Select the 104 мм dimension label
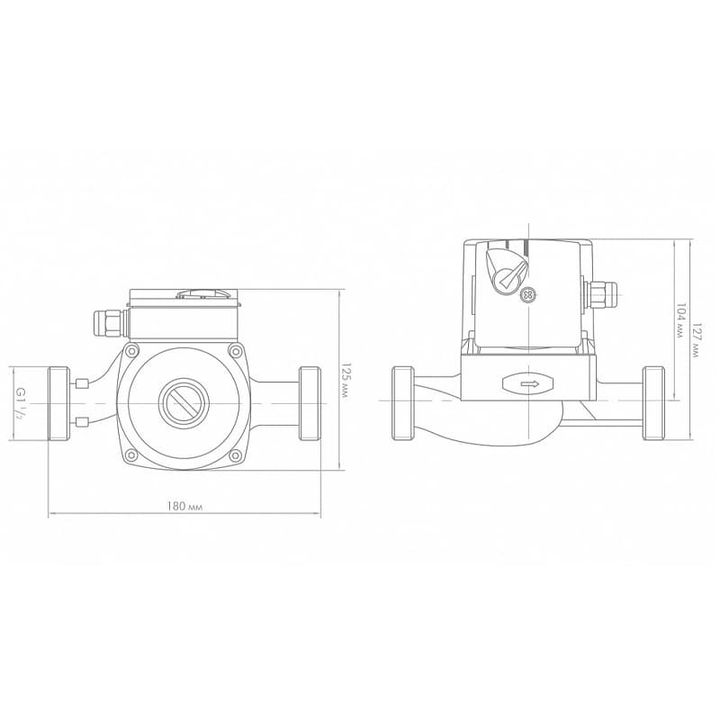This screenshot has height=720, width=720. tap(679, 320)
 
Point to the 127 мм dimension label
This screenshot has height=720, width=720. tap(697, 341)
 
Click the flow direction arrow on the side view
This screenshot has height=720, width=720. tap(529, 383)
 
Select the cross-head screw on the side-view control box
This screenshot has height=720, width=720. tap(529, 295)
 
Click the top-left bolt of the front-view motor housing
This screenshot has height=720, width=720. tap(131, 352)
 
